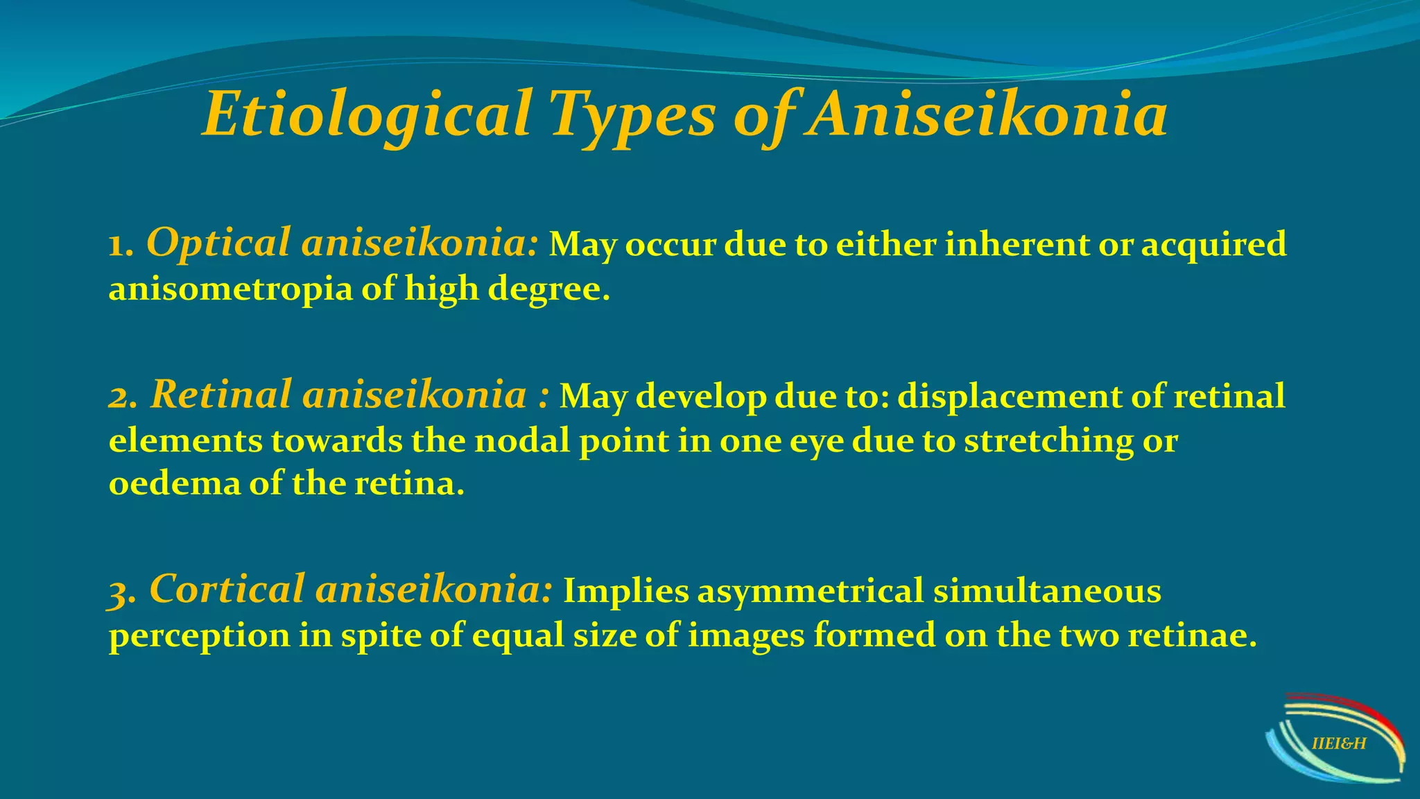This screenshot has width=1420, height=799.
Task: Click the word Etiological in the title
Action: [x=367, y=114]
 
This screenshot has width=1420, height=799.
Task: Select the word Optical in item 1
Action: [x=218, y=243]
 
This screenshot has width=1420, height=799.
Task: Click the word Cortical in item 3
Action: [x=226, y=590]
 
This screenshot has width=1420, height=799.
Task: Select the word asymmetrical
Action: [x=810, y=592]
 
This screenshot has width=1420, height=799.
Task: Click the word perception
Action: [x=199, y=636]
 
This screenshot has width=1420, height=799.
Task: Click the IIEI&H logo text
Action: [x=1339, y=744]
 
